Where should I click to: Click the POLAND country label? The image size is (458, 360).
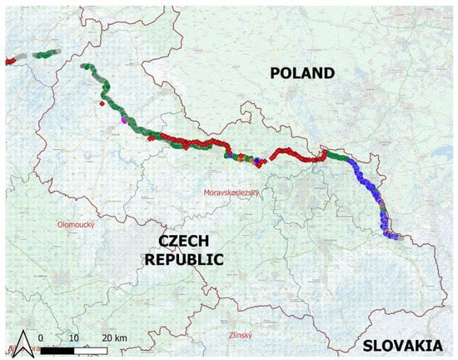(x=302, y=73)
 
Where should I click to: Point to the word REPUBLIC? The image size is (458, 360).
(x=184, y=259)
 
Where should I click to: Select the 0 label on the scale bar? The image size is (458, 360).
(x=41, y=337)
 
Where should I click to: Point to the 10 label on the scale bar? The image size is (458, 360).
(x=73, y=337)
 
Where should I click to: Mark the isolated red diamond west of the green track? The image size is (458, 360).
(x=102, y=104)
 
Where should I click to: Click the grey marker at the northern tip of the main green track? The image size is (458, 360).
(x=82, y=66)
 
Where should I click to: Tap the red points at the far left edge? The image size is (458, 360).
(x=9, y=60)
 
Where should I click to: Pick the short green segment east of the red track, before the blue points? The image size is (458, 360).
(x=336, y=156)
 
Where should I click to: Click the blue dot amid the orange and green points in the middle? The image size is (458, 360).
(x=256, y=158)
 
